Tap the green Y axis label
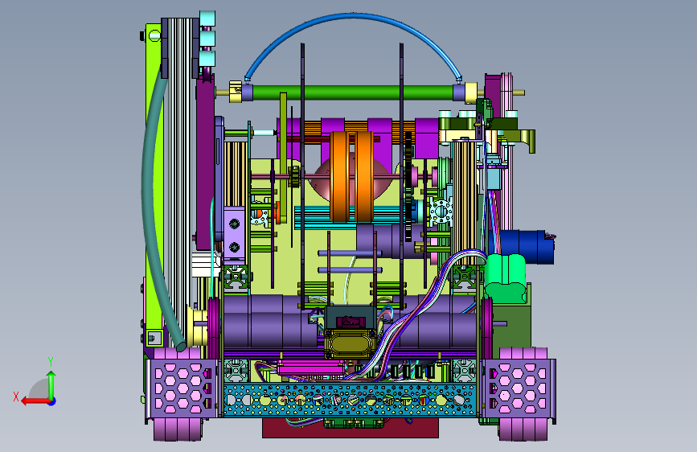[x=51, y=362]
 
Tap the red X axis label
[x=16, y=397]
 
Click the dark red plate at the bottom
[x=351, y=428]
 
